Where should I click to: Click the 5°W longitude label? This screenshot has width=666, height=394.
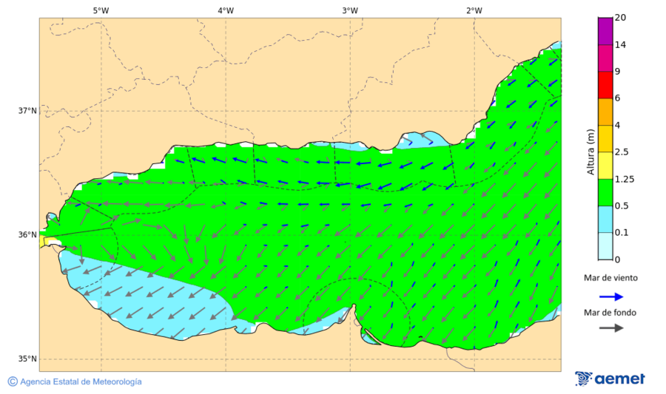[x=101, y=10]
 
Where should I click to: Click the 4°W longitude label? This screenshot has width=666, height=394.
[x=226, y=10]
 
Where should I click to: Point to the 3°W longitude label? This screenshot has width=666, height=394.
[x=350, y=10]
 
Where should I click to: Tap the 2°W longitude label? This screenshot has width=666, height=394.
[x=474, y=10]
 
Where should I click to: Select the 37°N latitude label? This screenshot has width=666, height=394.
[x=27, y=111]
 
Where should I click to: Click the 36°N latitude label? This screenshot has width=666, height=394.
[x=27, y=235]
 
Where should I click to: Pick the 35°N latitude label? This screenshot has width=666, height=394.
[x=27, y=359]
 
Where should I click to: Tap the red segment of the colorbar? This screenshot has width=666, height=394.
[x=605, y=84]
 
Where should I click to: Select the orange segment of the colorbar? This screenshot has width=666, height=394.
[x=605, y=112]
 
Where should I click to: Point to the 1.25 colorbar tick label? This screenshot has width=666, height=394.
[x=624, y=179]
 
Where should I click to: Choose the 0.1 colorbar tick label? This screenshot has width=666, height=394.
[x=620, y=232]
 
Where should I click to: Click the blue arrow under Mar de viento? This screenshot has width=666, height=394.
[x=610, y=296]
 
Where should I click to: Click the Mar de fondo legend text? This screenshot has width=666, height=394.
[x=610, y=313]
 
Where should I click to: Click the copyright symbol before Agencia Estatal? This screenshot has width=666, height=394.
[x=13, y=381]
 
